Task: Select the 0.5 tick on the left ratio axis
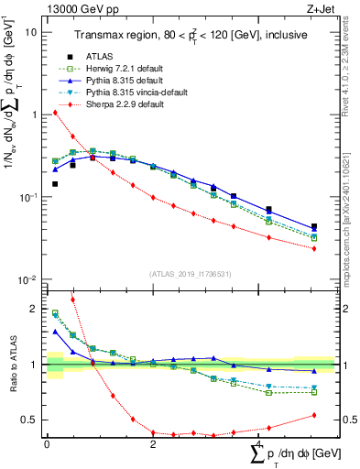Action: (28, 420)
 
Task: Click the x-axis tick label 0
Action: (47, 444)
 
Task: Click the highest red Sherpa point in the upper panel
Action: (55, 113)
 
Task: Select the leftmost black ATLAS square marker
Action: (55, 184)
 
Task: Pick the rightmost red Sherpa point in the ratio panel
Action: (314, 415)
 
